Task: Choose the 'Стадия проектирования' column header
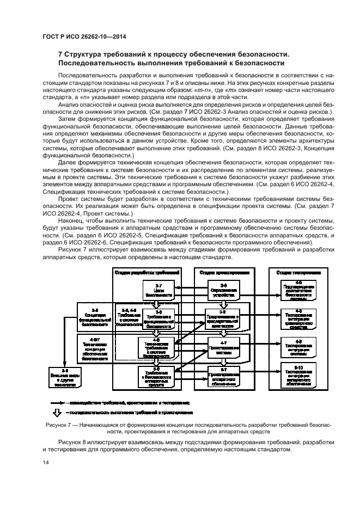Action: coord(224,272)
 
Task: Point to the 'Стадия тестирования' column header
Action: coord(298,272)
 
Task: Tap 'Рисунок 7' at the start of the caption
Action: coord(54,424)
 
